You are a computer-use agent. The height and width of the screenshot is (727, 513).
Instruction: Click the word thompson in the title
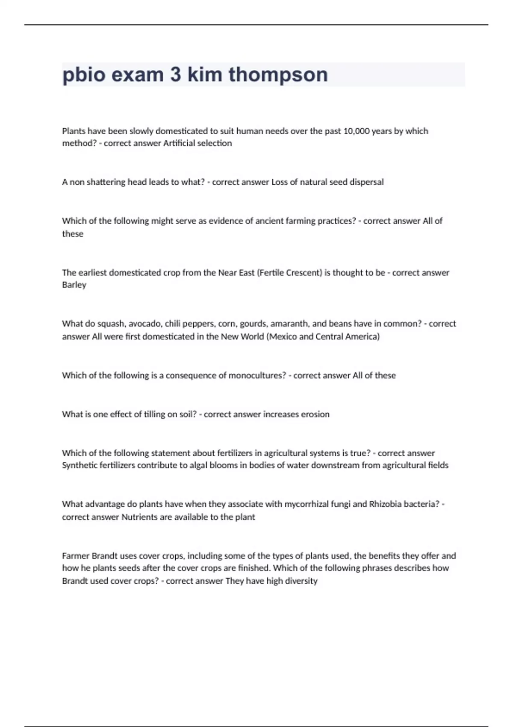tap(278, 75)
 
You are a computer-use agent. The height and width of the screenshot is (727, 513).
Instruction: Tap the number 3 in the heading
tap(175, 75)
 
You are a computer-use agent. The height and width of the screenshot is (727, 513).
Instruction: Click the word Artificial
tap(179, 143)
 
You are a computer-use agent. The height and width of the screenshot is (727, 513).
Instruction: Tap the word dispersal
tap(366, 182)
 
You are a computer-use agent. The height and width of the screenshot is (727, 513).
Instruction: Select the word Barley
tap(74, 285)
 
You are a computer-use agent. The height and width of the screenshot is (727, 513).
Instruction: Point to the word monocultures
tap(257, 375)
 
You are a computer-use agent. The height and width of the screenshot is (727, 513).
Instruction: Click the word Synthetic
tap(79, 465)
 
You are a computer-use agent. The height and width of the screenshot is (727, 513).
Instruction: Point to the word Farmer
tap(75, 556)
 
